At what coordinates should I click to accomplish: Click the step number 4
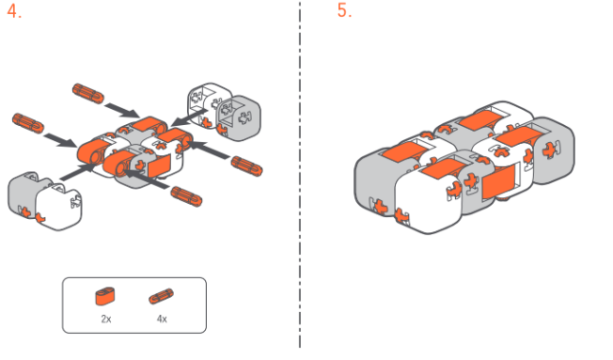pyautogui.click(x=14, y=11)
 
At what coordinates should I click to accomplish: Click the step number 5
pyautogui.click(x=344, y=10)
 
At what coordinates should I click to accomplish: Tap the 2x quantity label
pyautogui.click(x=106, y=319)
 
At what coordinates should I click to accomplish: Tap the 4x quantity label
pyautogui.click(x=162, y=319)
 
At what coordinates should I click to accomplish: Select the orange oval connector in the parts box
pyautogui.click(x=105, y=296)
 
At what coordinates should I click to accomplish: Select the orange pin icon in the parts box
pyautogui.click(x=161, y=296)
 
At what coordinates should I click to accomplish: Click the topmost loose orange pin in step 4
pyautogui.click(x=88, y=93)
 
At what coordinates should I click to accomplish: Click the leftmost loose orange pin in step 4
pyautogui.click(x=28, y=123)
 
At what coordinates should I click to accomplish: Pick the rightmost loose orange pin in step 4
pyautogui.click(x=246, y=165)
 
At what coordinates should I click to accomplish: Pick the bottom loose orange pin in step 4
pyautogui.click(x=186, y=196)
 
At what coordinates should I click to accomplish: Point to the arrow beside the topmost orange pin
pyautogui.click(x=122, y=110)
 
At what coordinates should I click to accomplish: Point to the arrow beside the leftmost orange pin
pyautogui.click(x=60, y=140)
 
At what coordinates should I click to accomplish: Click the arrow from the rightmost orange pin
pyautogui.click(x=208, y=149)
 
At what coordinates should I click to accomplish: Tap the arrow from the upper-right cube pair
pyautogui.click(x=189, y=117)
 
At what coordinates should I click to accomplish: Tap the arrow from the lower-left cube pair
pyautogui.click(x=79, y=172)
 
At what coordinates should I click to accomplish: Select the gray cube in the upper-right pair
pyautogui.click(x=239, y=118)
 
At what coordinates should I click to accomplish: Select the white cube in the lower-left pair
pyautogui.click(x=59, y=209)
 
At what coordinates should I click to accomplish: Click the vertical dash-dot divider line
pyautogui.click(x=300, y=174)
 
